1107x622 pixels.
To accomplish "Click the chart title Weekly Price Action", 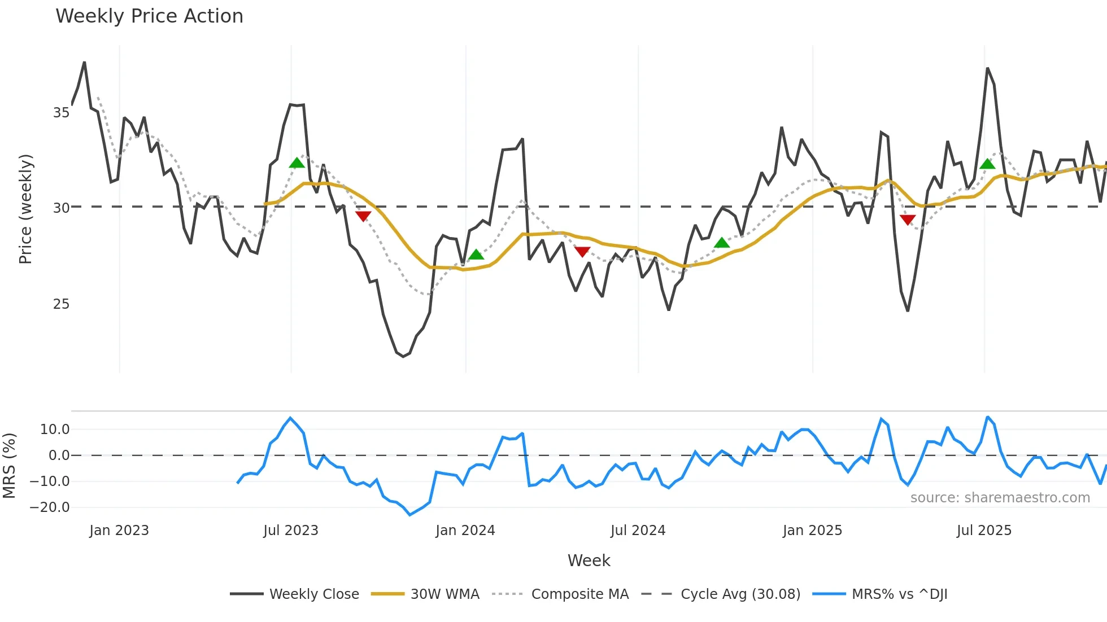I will pos(149,16).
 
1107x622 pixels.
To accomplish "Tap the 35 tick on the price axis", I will pos(61,113).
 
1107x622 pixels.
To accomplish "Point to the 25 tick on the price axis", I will pos(61,304).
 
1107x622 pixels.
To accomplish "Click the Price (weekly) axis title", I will pos(25,209).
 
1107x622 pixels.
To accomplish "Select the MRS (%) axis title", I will pos(9,466).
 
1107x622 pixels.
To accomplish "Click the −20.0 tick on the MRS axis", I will pos(50,507).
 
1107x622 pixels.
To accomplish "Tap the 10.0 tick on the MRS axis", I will pos(55,430).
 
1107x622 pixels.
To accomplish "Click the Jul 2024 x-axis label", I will pos(638,531).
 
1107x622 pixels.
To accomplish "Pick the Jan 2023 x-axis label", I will pos(119,531).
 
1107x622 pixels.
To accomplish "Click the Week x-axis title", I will pos(589,560).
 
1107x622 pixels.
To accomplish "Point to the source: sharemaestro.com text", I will pos(1000,498).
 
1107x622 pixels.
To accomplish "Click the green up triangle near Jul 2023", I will pos(297,163).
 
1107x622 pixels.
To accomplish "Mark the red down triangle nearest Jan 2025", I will pos(908,220).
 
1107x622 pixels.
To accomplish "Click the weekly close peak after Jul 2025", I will pos(987,68).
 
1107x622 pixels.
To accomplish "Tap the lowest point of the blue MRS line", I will pos(410,515).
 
